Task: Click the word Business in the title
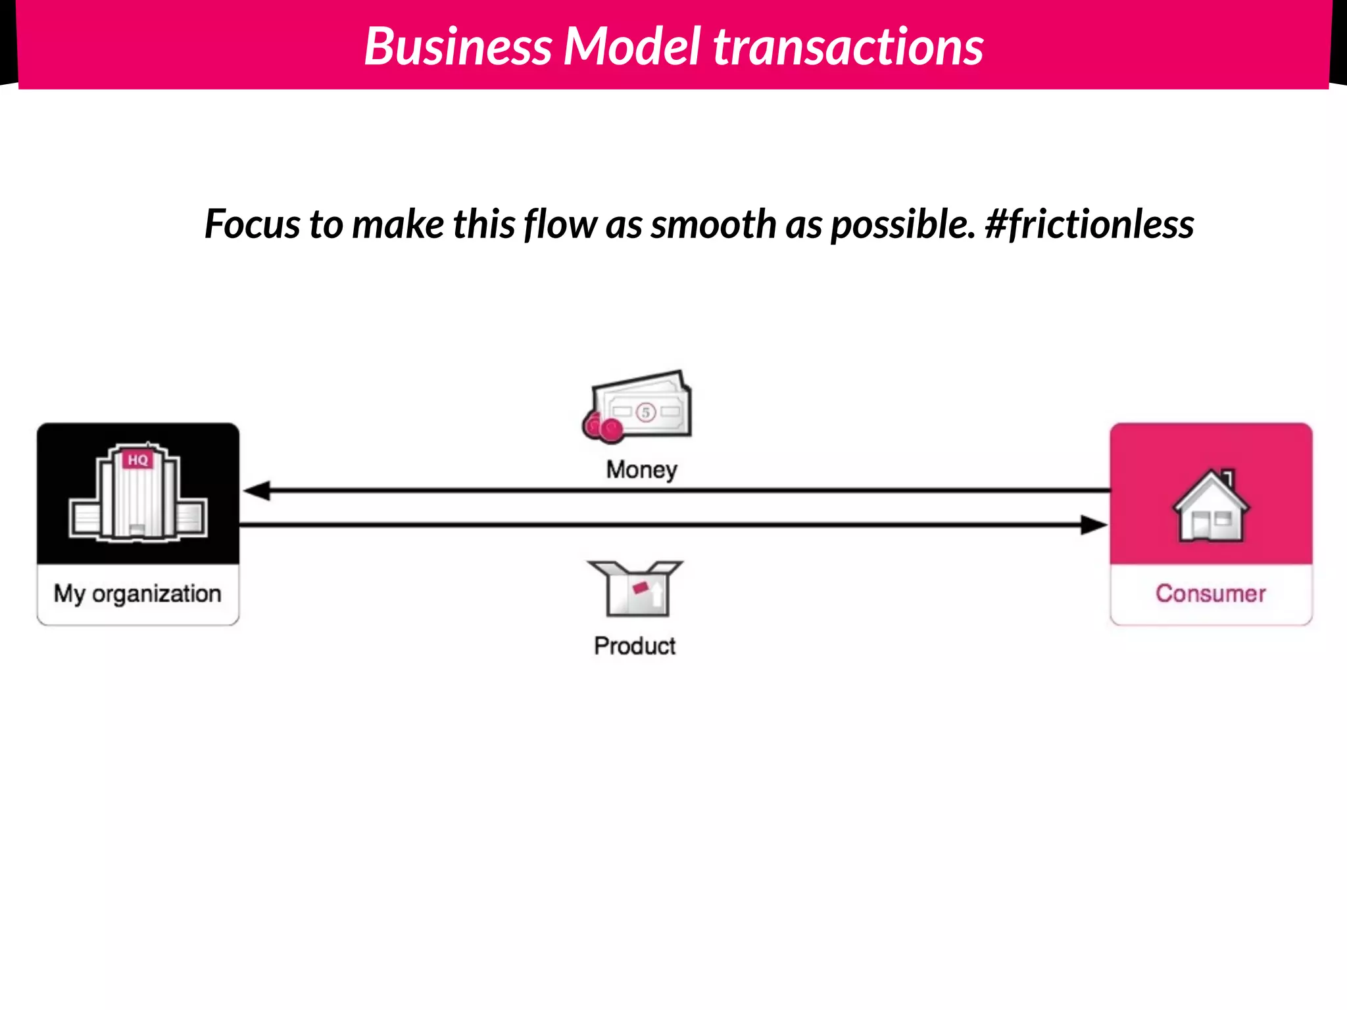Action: [458, 47]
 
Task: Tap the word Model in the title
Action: [632, 47]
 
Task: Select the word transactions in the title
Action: [848, 47]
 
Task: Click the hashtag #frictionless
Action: [1089, 225]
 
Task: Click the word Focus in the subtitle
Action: [253, 225]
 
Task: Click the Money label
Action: [641, 469]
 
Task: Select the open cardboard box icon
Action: [635, 588]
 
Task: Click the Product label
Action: [635, 646]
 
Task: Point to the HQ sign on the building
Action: [138, 460]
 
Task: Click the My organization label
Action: [137, 593]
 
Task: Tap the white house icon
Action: [1210, 506]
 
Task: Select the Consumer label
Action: [1210, 593]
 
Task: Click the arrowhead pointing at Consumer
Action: [1093, 525]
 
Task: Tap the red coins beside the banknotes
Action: [602, 427]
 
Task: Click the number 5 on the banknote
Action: [646, 412]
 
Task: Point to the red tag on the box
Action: [640, 587]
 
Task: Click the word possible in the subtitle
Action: [902, 225]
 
